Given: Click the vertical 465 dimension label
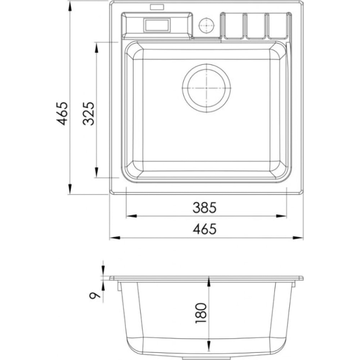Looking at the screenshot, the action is [62, 114].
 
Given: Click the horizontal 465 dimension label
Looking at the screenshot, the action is [204, 229].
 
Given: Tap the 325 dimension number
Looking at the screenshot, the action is [89, 113].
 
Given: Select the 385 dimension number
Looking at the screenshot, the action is [204, 207].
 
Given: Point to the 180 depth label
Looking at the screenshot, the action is [201, 313].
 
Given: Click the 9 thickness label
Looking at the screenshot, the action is [95, 294].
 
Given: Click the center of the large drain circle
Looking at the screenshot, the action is [206, 88].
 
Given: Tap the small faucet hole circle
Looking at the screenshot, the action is [206, 25].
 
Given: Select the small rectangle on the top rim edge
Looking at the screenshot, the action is [157, 7].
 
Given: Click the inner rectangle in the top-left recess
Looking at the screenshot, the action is [157, 25].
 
